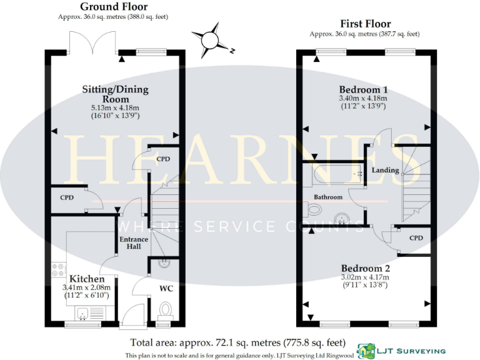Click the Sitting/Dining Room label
click(x=116, y=94)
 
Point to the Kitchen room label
click(x=87, y=278)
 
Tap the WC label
click(x=166, y=289)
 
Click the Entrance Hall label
click(x=134, y=242)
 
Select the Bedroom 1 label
click(x=363, y=88)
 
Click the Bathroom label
click(x=328, y=197)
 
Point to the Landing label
click(x=386, y=170)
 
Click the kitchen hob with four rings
click(x=58, y=270)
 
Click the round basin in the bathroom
click(x=341, y=218)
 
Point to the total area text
click(x=237, y=342)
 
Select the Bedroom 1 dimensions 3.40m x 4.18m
click(x=363, y=98)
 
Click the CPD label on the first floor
click(x=416, y=238)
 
